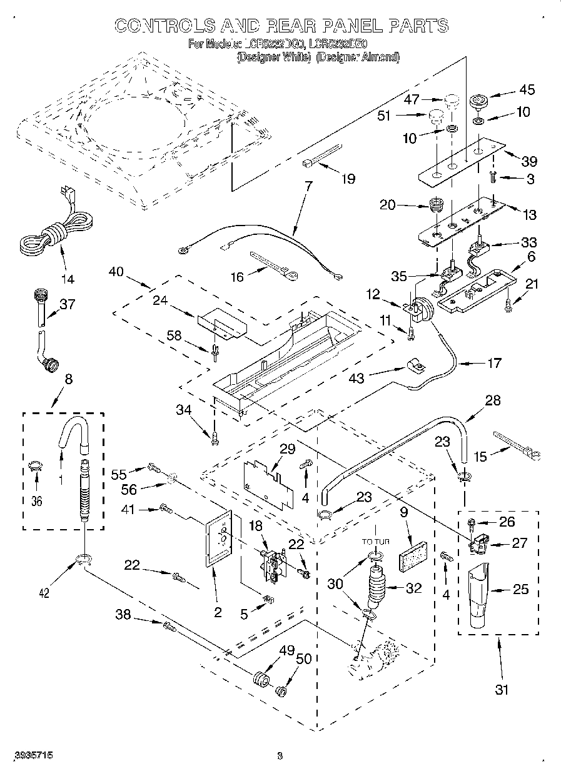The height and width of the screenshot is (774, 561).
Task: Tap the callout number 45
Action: tap(527, 90)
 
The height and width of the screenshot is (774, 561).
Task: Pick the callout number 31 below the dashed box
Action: tap(501, 690)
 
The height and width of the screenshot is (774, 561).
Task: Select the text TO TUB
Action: tap(375, 542)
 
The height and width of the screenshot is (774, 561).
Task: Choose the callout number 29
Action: tap(286, 449)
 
